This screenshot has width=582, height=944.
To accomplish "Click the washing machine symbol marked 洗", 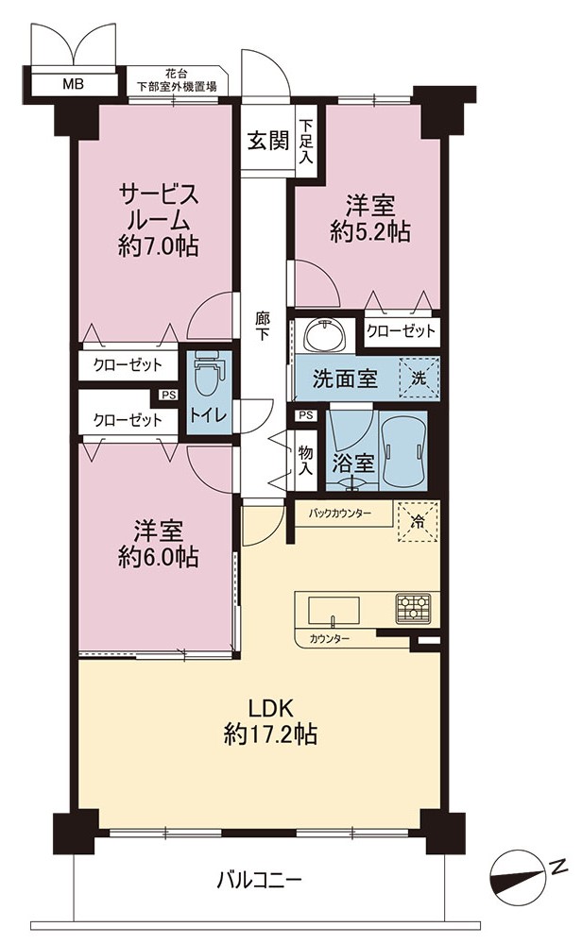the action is click(419, 379).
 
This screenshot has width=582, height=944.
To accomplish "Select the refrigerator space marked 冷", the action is click(417, 521).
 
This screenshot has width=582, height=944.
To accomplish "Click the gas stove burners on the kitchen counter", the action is click(413, 608).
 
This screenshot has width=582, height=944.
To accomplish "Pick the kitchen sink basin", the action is click(334, 611).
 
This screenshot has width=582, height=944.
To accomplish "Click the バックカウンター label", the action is click(340, 514).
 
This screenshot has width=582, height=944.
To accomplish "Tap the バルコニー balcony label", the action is click(259, 882).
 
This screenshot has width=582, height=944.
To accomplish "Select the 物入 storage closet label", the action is click(306, 461).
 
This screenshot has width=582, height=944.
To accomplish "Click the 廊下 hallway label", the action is click(263, 326).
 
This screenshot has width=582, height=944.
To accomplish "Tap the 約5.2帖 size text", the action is click(370, 231).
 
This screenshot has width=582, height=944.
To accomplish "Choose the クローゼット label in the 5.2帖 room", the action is click(401, 330).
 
